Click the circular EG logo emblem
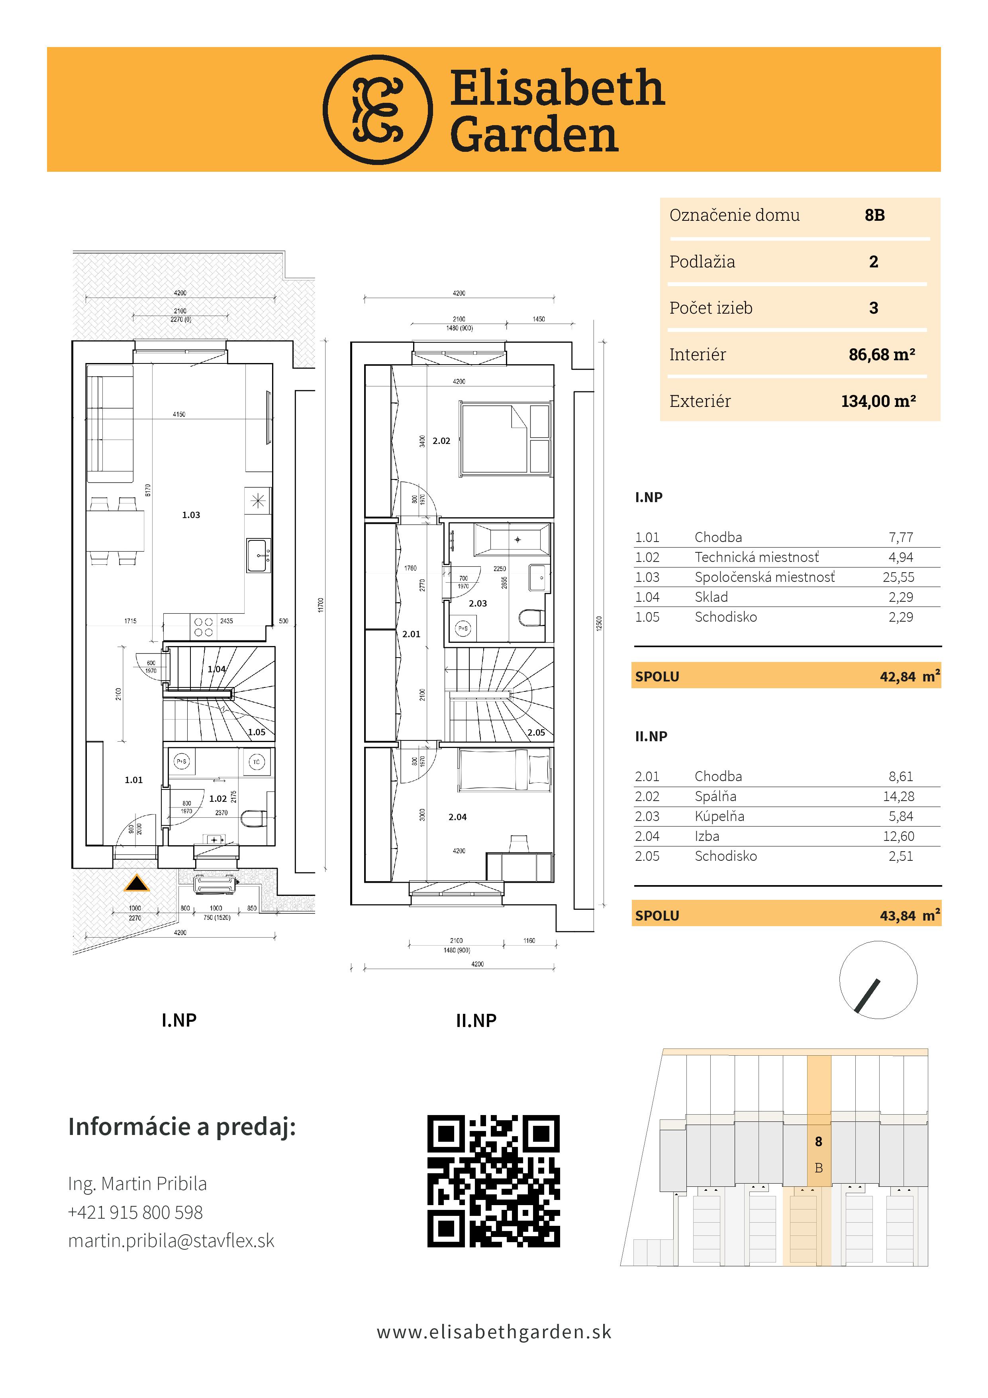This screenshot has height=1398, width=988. tap(377, 110)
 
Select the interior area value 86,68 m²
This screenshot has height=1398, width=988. tap(882, 354)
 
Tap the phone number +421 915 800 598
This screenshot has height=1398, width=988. tap(135, 1212)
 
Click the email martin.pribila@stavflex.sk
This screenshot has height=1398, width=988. tap(171, 1241)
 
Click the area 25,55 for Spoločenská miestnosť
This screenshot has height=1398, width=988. tap(898, 577)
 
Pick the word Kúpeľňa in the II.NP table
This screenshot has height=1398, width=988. tap(719, 817)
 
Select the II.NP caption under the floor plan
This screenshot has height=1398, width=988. tap(476, 1021)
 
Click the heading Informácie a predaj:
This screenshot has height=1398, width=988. tap(182, 1127)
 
